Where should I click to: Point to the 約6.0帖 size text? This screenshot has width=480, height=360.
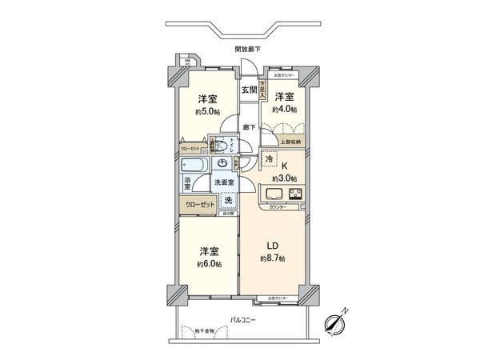pyautogui.click(x=209, y=262)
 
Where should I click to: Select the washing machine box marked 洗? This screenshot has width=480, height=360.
pyautogui.click(x=227, y=199)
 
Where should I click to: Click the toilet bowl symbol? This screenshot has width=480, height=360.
pyautogui.click(x=218, y=145)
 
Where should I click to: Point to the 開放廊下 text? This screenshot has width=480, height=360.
pyautogui.click(x=247, y=50)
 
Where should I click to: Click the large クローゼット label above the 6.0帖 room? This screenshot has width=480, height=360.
pyautogui.click(x=199, y=204)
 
